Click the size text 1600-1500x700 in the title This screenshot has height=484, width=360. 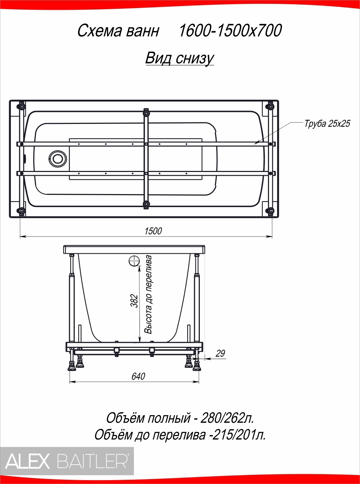(230, 31)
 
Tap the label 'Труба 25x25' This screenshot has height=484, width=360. (327, 124)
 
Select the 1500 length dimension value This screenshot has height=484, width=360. (153, 231)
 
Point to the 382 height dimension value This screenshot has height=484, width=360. (135, 301)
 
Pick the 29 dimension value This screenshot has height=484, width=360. (220, 353)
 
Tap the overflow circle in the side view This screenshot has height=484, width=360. (134, 261)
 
